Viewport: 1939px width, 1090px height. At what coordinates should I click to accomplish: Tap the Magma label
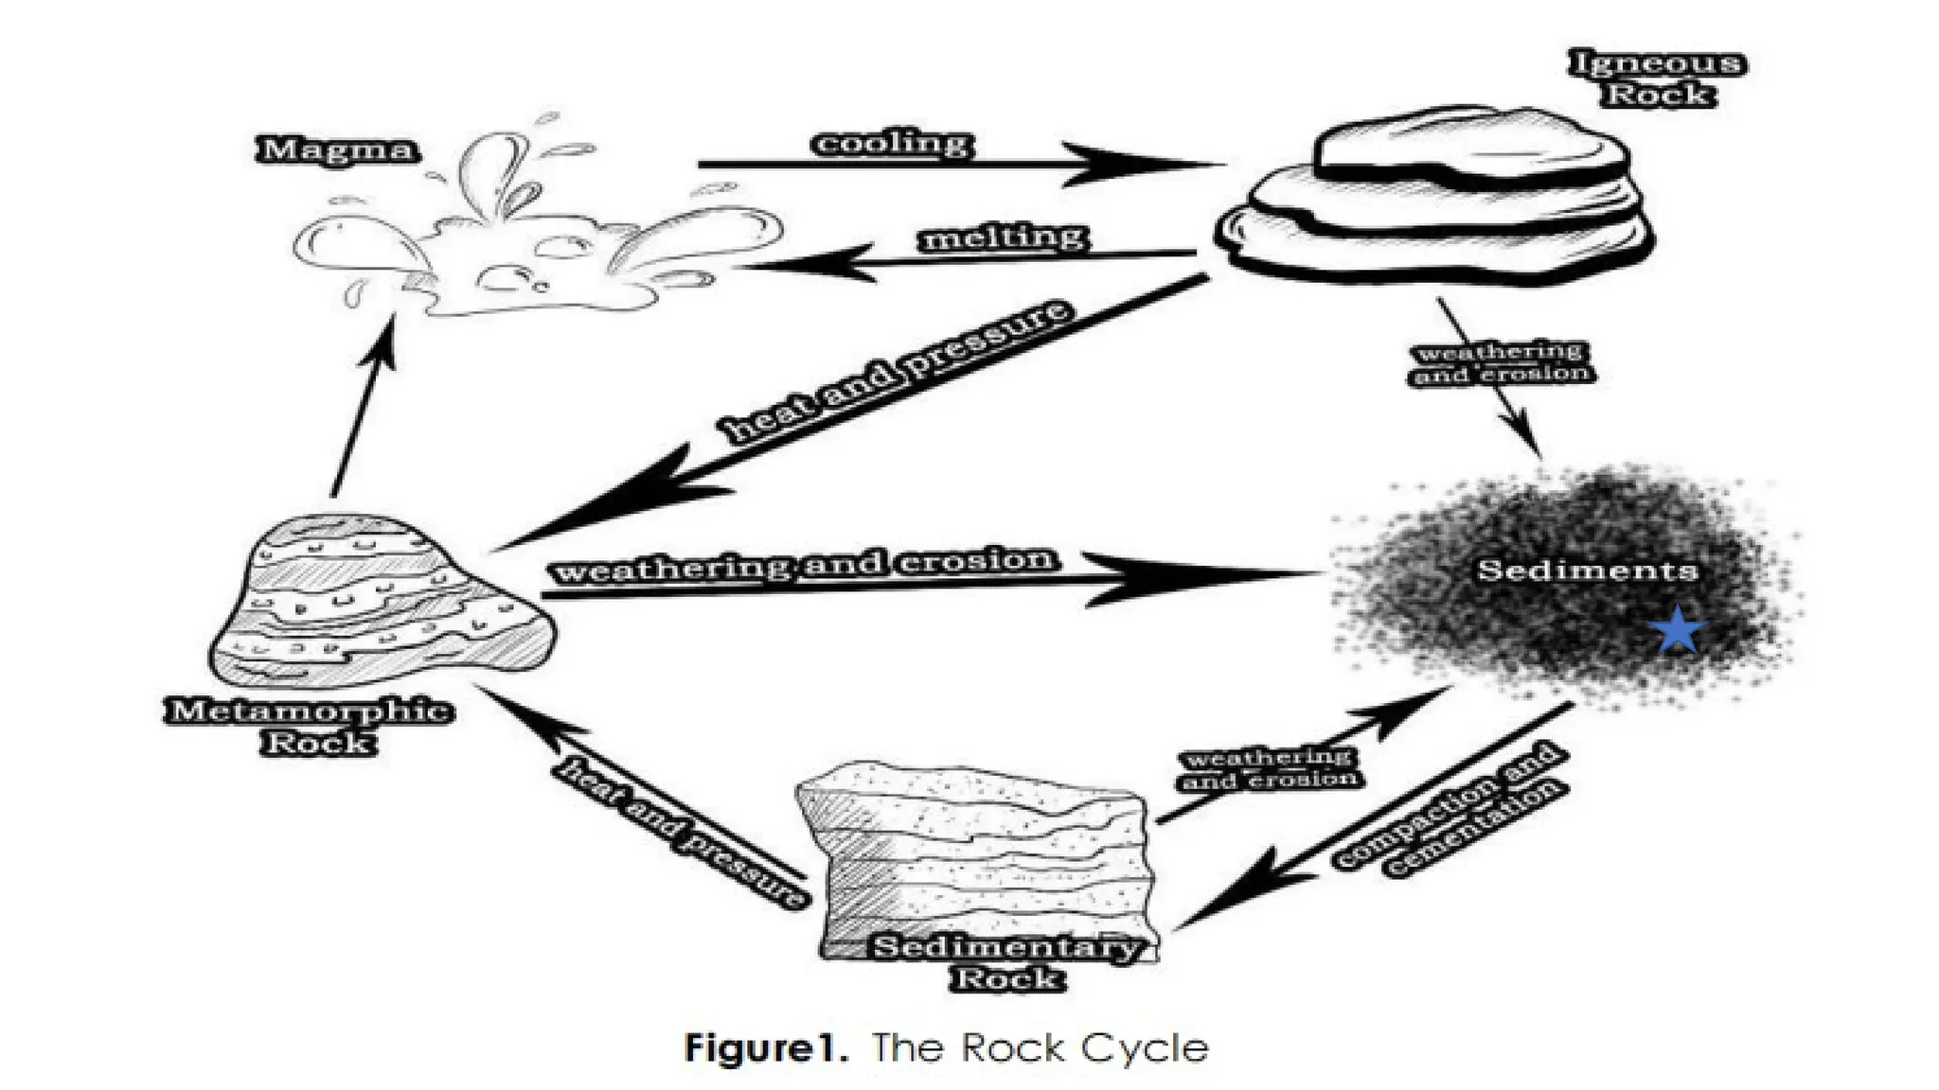tap(337, 149)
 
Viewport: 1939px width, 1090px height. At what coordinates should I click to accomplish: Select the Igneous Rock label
tap(1658, 79)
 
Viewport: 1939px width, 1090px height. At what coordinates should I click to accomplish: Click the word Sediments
tap(1588, 570)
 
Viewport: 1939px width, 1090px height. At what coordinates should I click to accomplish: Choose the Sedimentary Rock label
tap(1005, 962)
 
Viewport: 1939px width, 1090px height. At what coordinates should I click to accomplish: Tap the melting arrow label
tap(1004, 237)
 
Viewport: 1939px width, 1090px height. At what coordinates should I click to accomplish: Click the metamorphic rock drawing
tap(379, 601)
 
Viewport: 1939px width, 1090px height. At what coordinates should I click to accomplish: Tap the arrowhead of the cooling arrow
tap(1136, 164)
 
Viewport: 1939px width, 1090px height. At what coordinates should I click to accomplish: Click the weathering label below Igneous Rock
tap(1501, 362)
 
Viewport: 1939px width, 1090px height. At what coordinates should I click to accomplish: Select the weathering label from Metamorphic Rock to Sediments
tap(803, 565)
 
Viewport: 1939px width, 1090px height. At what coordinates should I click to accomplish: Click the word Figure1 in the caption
tap(765, 1048)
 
